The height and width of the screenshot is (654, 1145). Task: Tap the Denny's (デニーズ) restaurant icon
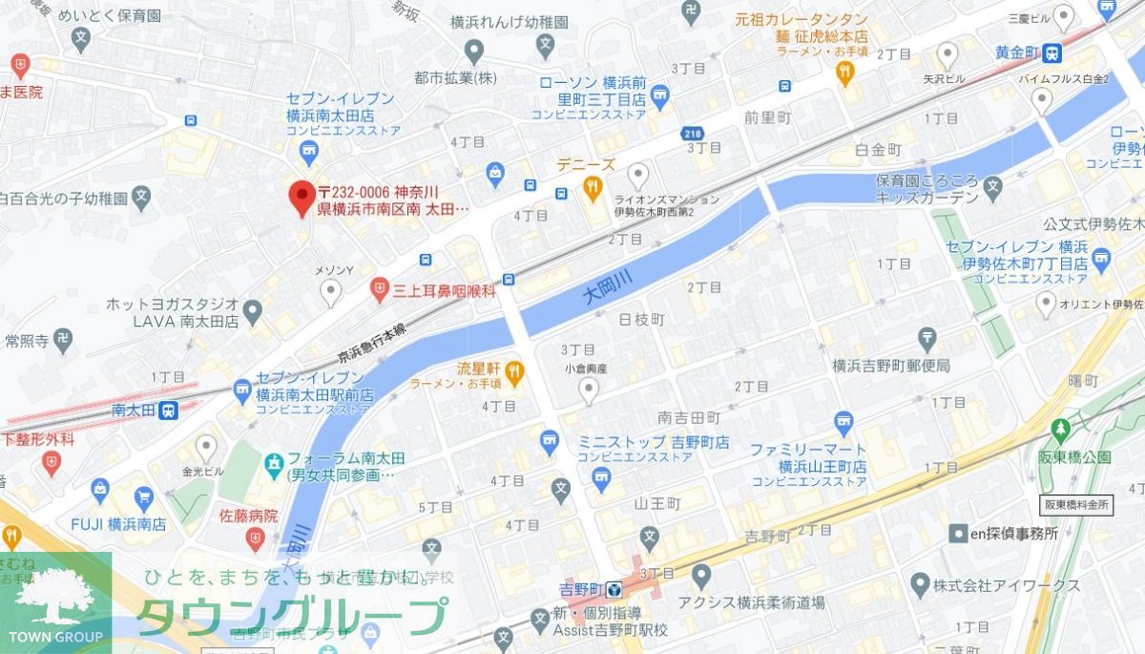[593, 187]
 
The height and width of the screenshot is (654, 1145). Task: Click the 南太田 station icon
[168, 411]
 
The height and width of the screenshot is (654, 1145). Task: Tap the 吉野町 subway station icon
[613, 589]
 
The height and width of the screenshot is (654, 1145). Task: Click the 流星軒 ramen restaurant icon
[514, 369]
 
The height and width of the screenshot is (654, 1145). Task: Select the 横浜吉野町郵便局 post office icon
[926, 338]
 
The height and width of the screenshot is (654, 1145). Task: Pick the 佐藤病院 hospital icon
[254, 539]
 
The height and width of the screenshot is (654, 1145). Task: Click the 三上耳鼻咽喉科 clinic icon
[380, 287]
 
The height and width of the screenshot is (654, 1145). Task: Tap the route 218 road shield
[694, 135]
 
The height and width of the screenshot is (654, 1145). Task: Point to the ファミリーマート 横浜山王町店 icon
[843, 421]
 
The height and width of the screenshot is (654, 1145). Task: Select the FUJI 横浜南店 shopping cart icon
[143, 496]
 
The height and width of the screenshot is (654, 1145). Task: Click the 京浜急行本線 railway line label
[372, 341]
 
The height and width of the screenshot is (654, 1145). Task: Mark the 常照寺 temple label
[27, 340]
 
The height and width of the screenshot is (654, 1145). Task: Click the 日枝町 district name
[641, 318]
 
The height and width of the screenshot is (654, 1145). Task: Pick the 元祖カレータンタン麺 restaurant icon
[844, 72]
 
